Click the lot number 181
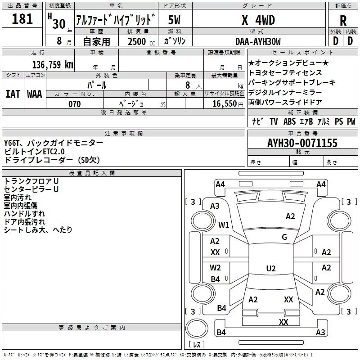pos(22,18)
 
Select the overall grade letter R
pos(343,21)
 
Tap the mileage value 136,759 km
pos(53,64)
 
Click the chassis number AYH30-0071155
pos(302,143)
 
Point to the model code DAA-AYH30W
pos(258,41)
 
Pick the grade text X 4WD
pos(258,20)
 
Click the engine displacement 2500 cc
pos(141,41)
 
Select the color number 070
pos(75,104)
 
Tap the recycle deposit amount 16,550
pos(224,103)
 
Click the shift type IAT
pos(13,94)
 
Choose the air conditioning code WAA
pos(35,94)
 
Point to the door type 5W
pos(174,20)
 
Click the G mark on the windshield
pos(284,237)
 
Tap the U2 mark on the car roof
pos(271,268)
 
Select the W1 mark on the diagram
pos(224,225)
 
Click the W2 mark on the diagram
pos(215,267)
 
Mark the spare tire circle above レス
pos(197,328)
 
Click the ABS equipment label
pos(289,121)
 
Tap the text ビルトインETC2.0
pos(34,152)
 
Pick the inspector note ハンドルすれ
pos(24,213)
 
